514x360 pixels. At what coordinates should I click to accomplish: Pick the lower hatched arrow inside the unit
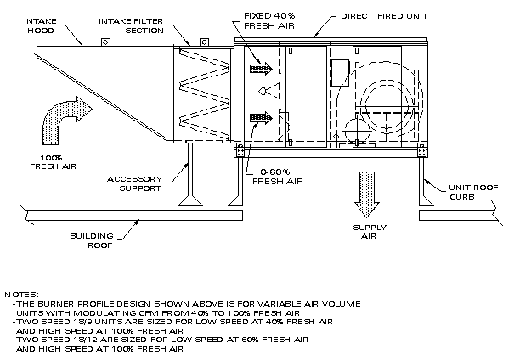[260, 119]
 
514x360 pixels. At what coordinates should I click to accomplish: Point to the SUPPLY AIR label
[369, 233]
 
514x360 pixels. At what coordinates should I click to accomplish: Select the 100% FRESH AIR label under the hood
[59, 161]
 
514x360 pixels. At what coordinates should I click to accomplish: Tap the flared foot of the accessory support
[192, 201]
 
